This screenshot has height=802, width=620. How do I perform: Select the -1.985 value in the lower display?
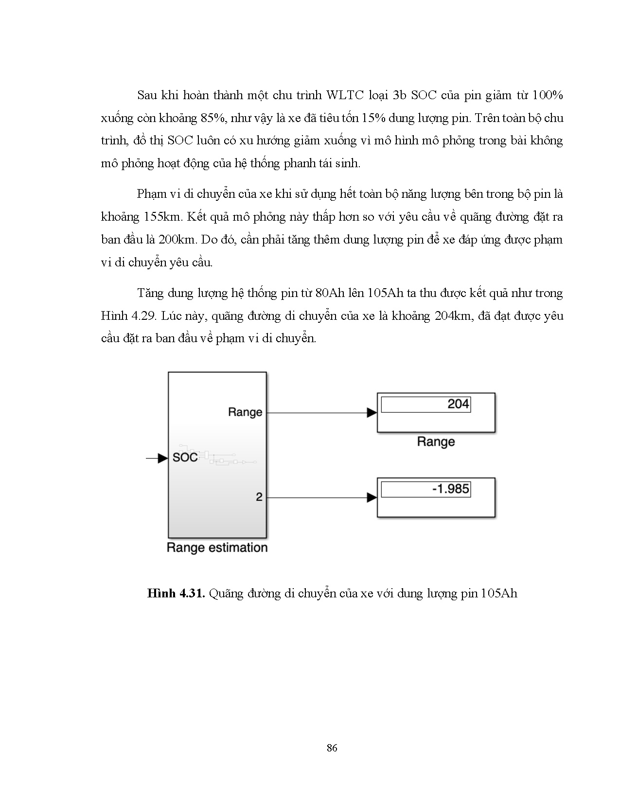click(450, 488)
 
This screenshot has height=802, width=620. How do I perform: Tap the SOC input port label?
click(185, 457)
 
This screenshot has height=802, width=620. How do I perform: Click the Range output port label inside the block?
click(245, 412)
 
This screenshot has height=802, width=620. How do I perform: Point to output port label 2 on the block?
click(259, 497)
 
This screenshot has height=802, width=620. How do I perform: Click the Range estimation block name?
click(217, 548)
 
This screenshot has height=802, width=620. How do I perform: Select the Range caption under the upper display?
click(436, 442)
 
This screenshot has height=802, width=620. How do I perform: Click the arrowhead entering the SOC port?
click(163, 457)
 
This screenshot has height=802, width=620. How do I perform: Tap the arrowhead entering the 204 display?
click(372, 413)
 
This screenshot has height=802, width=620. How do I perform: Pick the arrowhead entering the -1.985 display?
click(372, 497)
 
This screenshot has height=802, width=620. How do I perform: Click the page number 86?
click(332, 748)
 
